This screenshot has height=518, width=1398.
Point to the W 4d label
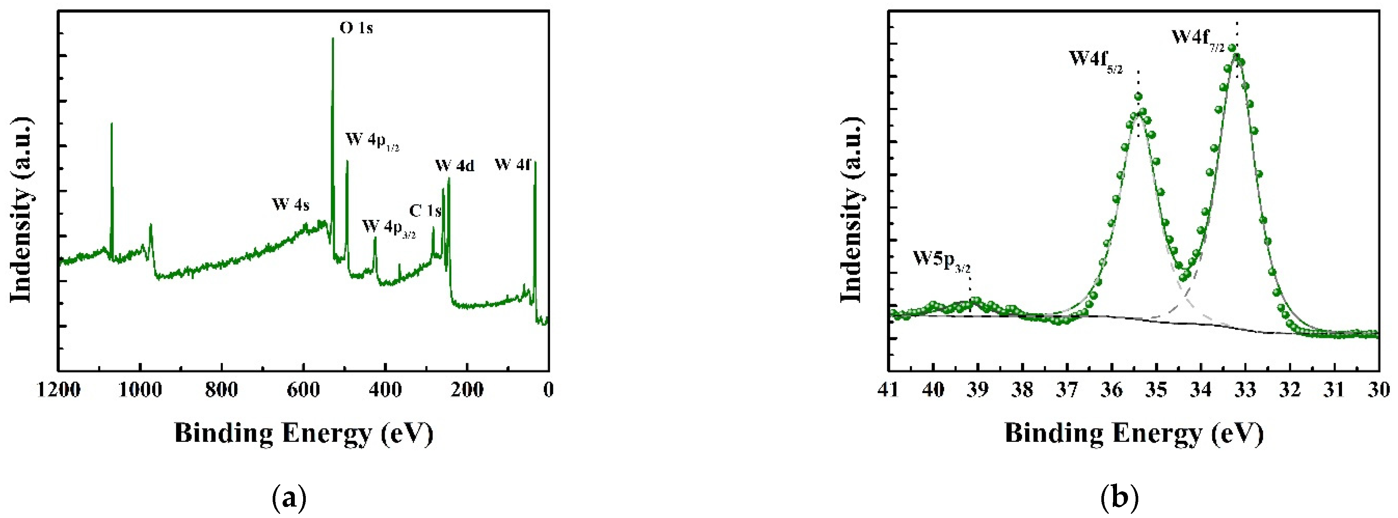(x=454, y=166)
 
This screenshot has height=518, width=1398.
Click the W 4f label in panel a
(x=512, y=164)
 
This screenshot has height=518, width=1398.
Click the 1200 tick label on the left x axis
(x=59, y=390)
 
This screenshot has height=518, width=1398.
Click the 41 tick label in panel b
(x=888, y=390)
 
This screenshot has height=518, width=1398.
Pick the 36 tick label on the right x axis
(x=1112, y=390)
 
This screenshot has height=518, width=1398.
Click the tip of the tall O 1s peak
(x=333, y=38)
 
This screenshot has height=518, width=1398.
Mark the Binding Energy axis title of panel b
(x=1134, y=434)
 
